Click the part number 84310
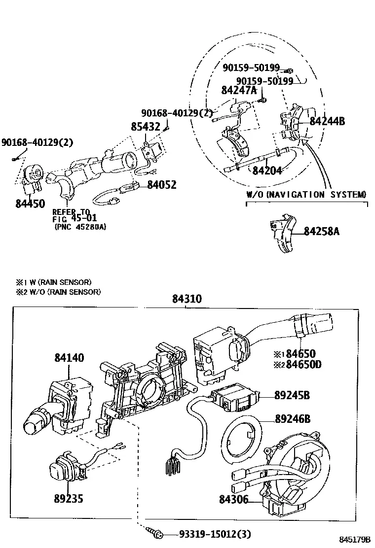(x=187, y=299)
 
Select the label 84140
(x=69, y=357)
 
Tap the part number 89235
(x=69, y=499)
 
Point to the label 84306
(x=234, y=499)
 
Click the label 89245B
(x=292, y=395)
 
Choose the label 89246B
(x=293, y=419)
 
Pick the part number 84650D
(x=303, y=365)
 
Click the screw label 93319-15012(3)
(x=215, y=534)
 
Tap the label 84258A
(x=322, y=231)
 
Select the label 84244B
(x=328, y=121)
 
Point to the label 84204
(x=267, y=171)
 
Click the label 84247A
(x=239, y=90)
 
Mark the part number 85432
(x=146, y=127)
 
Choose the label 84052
(x=162, y=184)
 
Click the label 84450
(x=31, y=204)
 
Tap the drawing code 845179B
(x=355, y=540)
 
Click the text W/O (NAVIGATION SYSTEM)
(x=306, y=195)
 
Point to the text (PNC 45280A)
(x=80, y=227)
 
